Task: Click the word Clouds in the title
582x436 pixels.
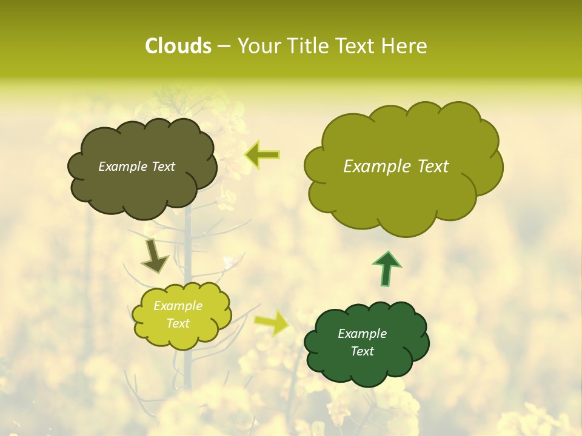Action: click(178, 46)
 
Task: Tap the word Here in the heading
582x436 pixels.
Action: click(404, 46)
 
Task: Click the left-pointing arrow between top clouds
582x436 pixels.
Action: click(263, 155)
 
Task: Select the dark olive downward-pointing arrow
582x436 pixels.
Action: click(154, 256)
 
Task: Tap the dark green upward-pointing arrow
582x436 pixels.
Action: click(387, 268)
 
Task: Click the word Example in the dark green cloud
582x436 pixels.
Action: click(362, 334)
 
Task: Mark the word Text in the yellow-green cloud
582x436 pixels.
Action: click(178, 323)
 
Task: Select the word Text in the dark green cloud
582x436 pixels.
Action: click(362, 351)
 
